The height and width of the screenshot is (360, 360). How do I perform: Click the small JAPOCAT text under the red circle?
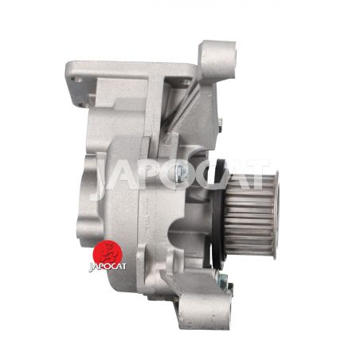click(x=108, y=267)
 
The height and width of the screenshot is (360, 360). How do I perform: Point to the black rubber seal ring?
click(x=217, y=213)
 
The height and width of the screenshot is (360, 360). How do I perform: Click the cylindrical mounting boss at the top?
click(x=217, y=59)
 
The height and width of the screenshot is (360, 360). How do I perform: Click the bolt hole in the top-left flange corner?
click(x=76, y=79)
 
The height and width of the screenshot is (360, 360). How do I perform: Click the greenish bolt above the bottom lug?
click(x=222, y=280)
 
